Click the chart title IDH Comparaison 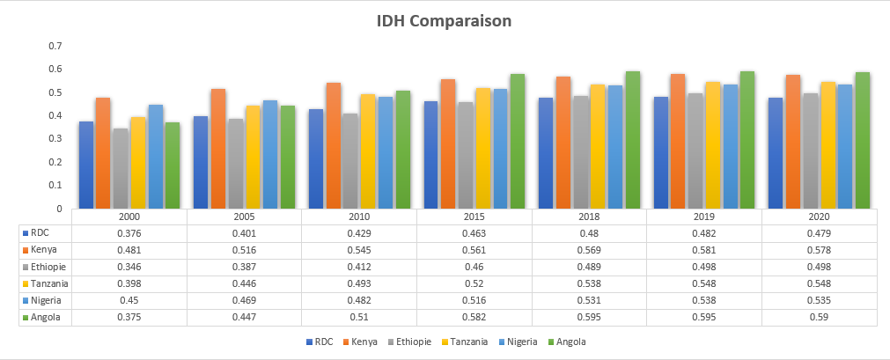[x=444, y=20]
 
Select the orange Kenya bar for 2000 [x=103, y=153]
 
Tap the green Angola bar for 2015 [x=517, y=141]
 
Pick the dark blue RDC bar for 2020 [x=776, y=153]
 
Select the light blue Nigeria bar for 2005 [x=269, y=154]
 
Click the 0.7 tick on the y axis [x=55, y=46]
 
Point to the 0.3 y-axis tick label [x=55, y=139]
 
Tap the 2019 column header [x=704, y=216]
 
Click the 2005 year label [x=244, y=216]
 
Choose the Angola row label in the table [x=45, y=317]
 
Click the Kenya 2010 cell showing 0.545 [x=359, y=250]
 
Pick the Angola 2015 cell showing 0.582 [x=474, y=317]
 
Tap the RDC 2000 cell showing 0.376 [x=129, y=233]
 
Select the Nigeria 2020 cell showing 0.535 [x=819, y=300]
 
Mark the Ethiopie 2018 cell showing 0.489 [x=589, y=267]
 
